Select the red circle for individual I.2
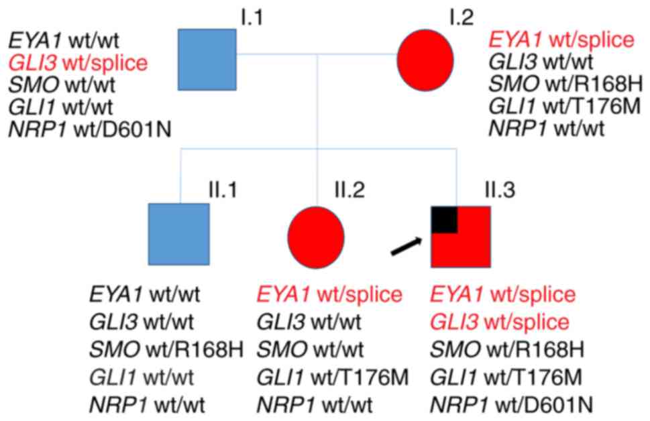(x=427, y=60)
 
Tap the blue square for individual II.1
(x=179, y=233)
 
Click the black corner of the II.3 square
(x=444, y=219)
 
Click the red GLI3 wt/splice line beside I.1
(x=78, y=64)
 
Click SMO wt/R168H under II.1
(x=165, y=349)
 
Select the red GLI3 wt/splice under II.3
(x=500, y=322)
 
